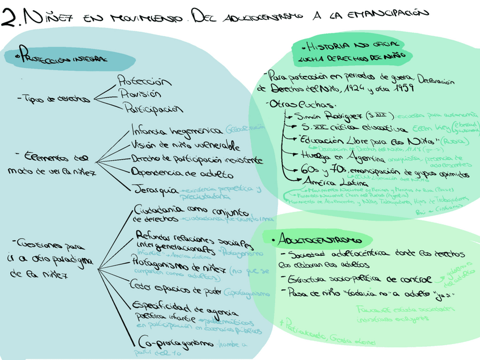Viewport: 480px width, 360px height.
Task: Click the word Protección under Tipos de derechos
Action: pos(144,80)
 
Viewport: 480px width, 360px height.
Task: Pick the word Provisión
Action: pos(140,93)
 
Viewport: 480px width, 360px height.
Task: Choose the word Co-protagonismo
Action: pos(176,343)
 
